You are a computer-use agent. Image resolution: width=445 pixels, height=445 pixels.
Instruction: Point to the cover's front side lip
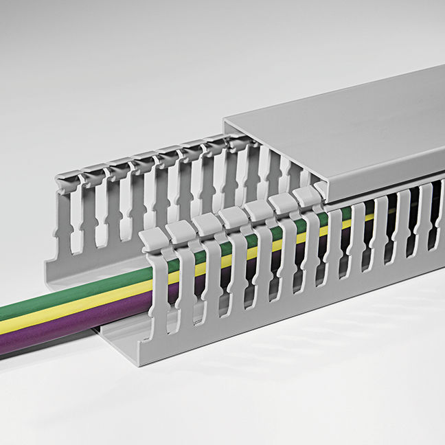point(385,182)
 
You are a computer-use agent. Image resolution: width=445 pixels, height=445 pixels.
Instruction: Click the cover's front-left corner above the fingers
point(323,200)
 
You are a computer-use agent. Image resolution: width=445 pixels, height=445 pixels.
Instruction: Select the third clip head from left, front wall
point(206,223)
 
